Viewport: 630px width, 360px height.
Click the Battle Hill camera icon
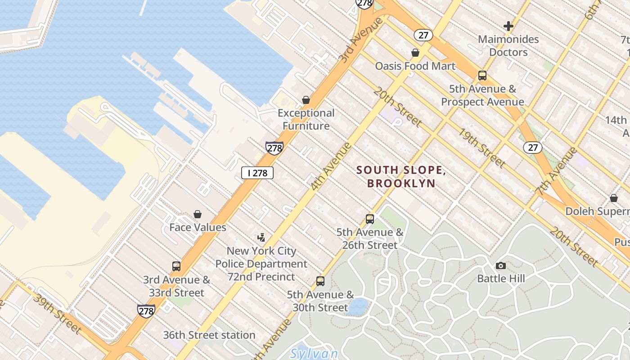click(500, 265)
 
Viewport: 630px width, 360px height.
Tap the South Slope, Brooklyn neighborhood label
click(401, 176)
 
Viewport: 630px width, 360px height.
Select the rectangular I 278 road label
click(257, 173)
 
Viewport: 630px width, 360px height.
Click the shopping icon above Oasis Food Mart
click(415, 53)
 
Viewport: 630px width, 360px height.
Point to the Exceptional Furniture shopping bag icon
click(306, 99)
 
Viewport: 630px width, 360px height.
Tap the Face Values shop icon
click(198, 214)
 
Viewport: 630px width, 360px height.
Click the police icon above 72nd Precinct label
click(261, 237)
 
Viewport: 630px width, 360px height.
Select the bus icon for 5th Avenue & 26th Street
click(370, 219)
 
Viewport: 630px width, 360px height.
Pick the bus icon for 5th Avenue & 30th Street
click(320, 281)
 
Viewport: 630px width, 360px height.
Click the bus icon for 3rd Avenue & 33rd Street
click(176, 266)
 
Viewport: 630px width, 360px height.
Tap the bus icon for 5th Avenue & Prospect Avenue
click(482, 76)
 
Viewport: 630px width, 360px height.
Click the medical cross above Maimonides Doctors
click(508, 26)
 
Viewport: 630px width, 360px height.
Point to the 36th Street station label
click(209, 335)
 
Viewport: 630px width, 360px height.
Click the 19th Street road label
click(481, 147)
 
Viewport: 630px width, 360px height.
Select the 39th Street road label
click(58, 314)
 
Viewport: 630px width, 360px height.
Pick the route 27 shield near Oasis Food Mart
click(423, 35)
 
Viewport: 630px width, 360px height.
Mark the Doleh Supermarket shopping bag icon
click(614, 198)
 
